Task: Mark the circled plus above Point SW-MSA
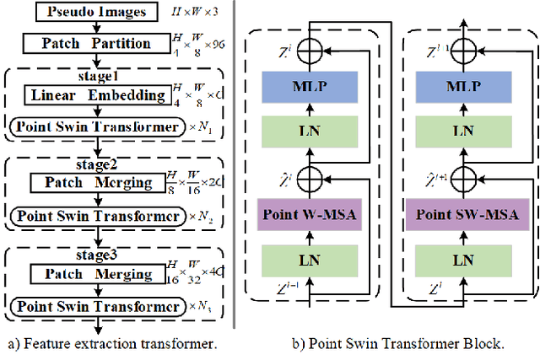tap(462, 178)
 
